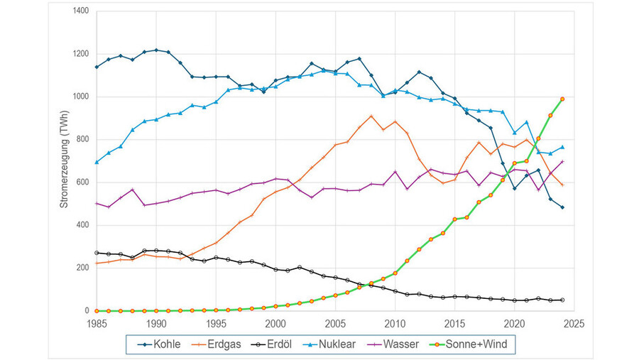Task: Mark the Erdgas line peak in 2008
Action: tap(371, 116)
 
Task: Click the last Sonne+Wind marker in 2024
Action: tap(562, 99)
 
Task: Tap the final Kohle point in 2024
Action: tap(562, 207)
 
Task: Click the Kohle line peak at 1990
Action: tap(156, 50)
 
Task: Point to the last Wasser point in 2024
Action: tap(562, 161)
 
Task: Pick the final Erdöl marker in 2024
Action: tap(562, 300)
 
